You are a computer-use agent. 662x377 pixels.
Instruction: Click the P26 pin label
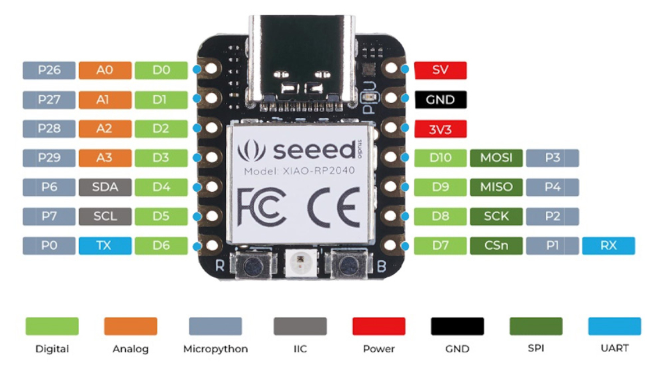pos(49,70)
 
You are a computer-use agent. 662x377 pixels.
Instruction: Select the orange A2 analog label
pos(104,128)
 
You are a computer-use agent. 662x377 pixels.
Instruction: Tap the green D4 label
pos(161,187)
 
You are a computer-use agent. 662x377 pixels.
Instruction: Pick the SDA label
pos(104,187)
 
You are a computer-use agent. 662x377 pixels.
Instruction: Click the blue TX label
pos(104,245)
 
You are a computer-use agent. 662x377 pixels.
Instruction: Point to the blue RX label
pos(608,245)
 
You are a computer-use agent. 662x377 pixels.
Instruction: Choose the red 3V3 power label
pos(440,129)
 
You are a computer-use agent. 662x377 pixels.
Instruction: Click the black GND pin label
pos(440,100)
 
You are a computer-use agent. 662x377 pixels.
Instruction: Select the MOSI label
pos(496,158)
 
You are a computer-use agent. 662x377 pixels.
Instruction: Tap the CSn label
pos(496,245)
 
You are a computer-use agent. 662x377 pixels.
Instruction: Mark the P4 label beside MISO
pos(552,187)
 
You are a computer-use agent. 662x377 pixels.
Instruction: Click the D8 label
pos(440,216)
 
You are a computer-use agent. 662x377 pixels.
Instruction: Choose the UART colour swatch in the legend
pos(614,326)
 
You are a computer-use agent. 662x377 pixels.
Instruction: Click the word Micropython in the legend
pos(215,349)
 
